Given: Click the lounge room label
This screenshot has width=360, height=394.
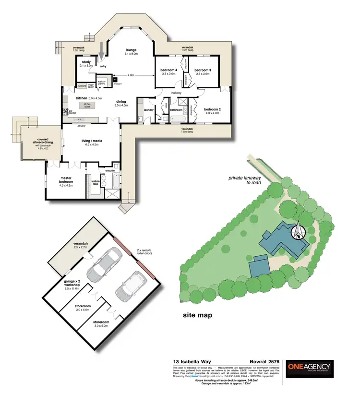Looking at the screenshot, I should pos(131,50).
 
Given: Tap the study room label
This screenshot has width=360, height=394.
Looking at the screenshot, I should pos(86,62).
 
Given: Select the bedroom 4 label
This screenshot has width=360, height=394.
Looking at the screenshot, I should pos(168,71).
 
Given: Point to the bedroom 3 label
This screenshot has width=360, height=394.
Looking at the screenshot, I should pos(203,71).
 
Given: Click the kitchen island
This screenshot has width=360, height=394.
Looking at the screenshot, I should pos(87,105).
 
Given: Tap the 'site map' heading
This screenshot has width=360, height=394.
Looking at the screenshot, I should pos(197,315).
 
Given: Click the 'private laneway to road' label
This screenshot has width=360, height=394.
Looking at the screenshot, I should pos(243,180).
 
